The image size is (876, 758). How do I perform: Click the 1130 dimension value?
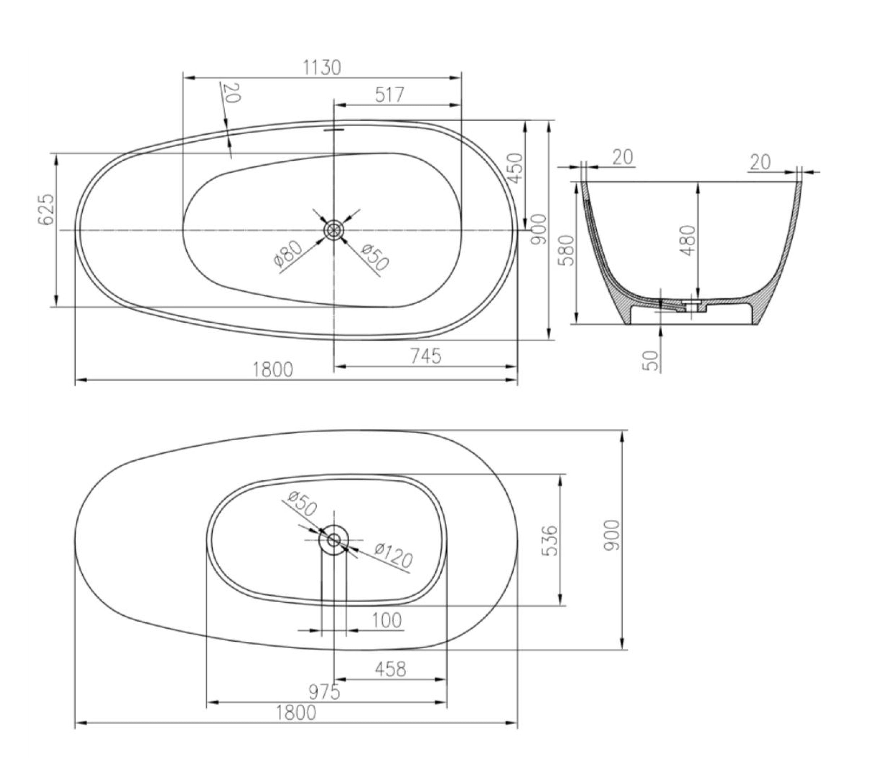pos(322,68)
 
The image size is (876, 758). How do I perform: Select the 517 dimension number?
pos(390,95)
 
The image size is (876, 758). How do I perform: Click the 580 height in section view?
pos(567,250)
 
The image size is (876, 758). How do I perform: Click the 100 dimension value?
pos(387,621)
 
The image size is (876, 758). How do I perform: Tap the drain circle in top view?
pos(334,230)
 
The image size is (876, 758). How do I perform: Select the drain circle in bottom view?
pos(334,540)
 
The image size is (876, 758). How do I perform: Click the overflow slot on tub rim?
pos(334,129)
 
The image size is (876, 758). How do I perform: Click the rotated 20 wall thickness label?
pos(232,93)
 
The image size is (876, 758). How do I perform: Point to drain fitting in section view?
pos(693,304)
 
